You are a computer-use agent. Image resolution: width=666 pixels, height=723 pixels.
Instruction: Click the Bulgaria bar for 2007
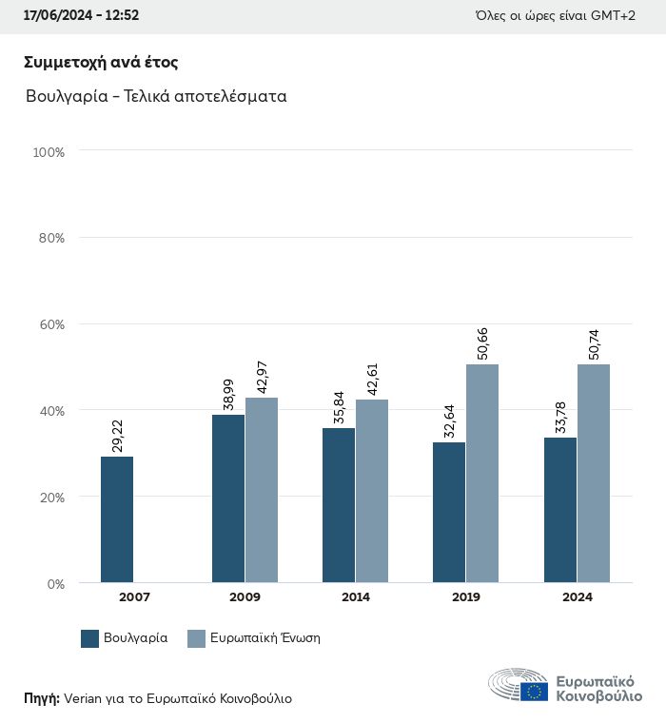tap(117, 519)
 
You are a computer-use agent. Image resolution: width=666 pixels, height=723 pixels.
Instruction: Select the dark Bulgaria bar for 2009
tap(228, 498)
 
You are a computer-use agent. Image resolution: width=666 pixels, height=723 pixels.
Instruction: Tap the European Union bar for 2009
tap(262, 490)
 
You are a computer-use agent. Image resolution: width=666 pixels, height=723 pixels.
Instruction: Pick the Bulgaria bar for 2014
tap(339, 505)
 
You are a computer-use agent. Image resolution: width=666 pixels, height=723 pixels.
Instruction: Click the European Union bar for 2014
tap(372, 491)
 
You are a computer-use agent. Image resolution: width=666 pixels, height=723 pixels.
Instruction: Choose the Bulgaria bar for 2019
tap(449, 512)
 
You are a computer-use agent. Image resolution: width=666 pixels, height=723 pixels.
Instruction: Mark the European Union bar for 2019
tap(482, 473)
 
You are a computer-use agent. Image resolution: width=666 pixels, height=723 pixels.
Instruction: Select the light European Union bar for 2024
tap(594, 473)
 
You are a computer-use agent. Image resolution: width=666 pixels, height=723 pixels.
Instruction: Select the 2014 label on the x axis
tap(355, 597)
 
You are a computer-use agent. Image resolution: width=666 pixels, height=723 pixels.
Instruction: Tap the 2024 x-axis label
tap(577, 597)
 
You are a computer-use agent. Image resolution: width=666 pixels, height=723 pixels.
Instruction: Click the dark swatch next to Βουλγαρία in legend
tap(90, 638)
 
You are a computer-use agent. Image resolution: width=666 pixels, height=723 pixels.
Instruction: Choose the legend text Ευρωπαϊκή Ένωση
tap(264, 638)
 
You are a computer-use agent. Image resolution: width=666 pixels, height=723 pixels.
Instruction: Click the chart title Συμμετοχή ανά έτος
tap(101, 63)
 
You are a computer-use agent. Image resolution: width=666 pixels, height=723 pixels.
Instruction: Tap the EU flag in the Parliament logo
tap(534, 692)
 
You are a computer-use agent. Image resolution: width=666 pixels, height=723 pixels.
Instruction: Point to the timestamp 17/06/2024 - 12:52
tap(81, 15)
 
